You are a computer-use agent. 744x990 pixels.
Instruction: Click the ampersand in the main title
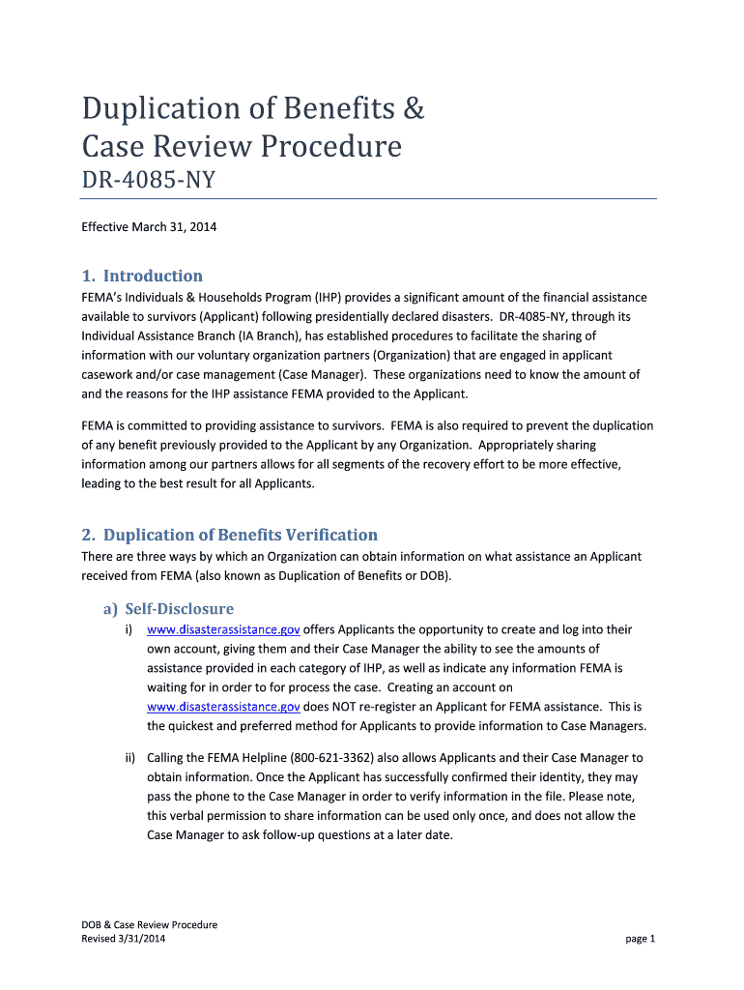tap(414, 109)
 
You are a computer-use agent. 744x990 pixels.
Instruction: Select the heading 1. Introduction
tap(142, 276)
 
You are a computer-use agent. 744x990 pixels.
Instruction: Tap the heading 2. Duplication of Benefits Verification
tap(229, 535)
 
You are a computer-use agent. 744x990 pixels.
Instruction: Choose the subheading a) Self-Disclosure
tap(168, 609)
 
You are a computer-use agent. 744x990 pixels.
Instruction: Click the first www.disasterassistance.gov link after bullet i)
tap(223, 629)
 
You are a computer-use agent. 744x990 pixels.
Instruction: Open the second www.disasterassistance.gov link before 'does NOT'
tap(223, 707)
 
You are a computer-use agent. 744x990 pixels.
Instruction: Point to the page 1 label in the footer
tap(640, 939)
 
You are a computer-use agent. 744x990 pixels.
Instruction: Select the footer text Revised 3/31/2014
tap(126, 939)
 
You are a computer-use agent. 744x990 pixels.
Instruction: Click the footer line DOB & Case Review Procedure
tap(149, 924)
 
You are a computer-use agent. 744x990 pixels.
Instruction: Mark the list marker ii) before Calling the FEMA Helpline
tap(128, 758)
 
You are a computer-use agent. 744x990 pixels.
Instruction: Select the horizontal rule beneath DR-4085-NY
tap(368, 199)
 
